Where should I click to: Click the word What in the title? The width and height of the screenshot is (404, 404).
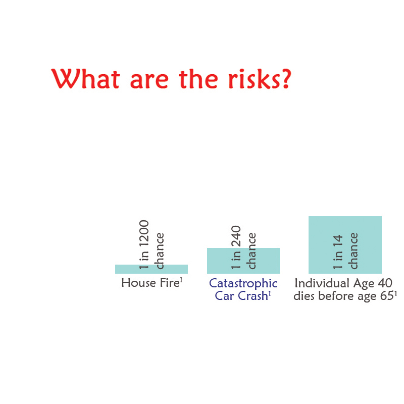(85, 79)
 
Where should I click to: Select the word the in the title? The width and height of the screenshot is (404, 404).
(198, 79)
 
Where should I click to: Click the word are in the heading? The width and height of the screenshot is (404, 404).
(149, 80)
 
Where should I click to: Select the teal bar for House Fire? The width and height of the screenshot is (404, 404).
(151, 269)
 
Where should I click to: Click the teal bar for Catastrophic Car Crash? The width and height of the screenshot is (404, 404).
(243, 261)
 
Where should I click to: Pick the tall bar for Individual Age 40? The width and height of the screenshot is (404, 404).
(345, 245)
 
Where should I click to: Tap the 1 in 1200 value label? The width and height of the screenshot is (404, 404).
(144, 244)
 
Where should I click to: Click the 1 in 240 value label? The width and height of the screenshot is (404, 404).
(236, 247)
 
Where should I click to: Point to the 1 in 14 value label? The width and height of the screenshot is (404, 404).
(337, 252)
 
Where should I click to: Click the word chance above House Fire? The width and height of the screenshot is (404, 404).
(159, 251)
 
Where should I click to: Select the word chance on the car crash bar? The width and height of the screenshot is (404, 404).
(251, 251)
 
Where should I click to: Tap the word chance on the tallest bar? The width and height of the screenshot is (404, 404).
(352, 251)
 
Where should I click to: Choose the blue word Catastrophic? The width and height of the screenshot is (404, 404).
(243, 283)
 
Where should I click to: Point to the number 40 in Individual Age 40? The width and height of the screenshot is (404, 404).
(385, 283)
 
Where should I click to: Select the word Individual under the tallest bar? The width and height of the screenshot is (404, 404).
(322, 283)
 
